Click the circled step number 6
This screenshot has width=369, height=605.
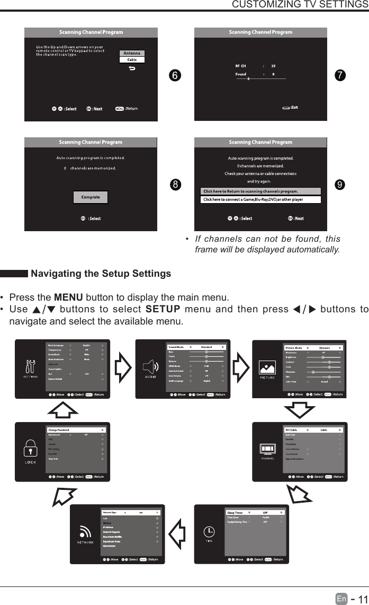pyautogui.click(x=173, y=75)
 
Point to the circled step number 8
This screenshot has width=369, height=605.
pyautogui.click(x=173, y=185)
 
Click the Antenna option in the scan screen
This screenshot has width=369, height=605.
pyautogui.click(x=132, y=53)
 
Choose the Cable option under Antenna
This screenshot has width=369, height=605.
pyautogui.click(x=132, y=59)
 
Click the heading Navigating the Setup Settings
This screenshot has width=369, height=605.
pyautogui.click(x=101, y=274)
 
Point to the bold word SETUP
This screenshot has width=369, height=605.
pyautogui.click(x=162, y=309)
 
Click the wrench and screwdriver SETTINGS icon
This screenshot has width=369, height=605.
pyautogui.click(x=30, y=366)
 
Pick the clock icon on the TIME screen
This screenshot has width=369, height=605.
pyautogui.click(x=210, y=532)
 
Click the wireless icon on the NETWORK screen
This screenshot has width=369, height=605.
pyautogui.click(x=85, y=532)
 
